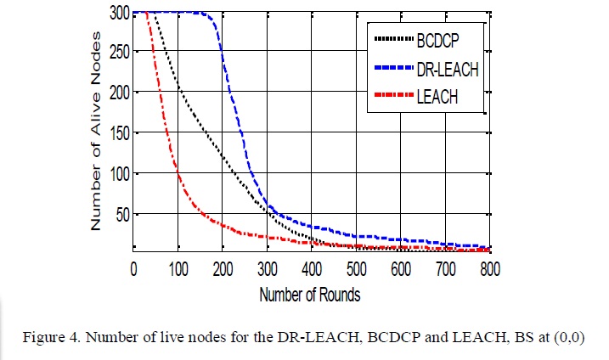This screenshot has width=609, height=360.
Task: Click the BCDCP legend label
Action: [x=440, y=40]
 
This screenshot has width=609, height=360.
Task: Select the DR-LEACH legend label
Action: [x=448, y=70]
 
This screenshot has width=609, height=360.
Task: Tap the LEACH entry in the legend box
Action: [x=437, y=98]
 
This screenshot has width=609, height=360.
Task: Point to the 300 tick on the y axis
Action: [x=119, y=13]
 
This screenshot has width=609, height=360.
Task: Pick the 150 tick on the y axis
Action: [x=119, y=132]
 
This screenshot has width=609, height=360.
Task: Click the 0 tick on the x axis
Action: [x=133, y=269]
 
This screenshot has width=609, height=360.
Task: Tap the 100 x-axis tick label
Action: [x=178, y=269]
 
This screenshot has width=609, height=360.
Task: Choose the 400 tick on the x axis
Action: [x=312, y=269]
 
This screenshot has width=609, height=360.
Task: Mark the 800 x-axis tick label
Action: [x=489, y=269]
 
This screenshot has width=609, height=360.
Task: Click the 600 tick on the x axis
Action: [x=400, y=269]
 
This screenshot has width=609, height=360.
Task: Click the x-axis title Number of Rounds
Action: [x=312, y=295]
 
